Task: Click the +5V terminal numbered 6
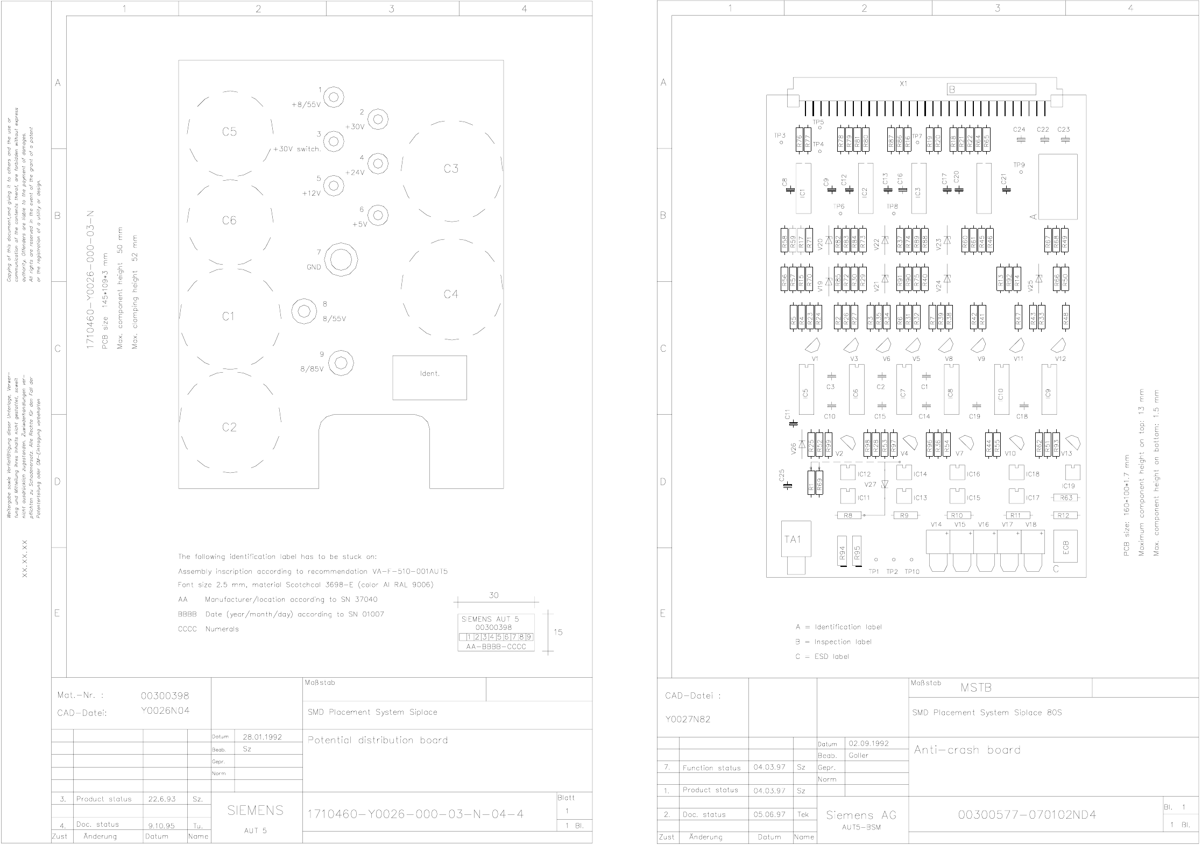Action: tap(378, 215)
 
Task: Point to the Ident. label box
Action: tap(429, 377)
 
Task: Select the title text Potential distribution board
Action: tap(378, 740)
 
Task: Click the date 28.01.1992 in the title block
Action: tap(262, 737)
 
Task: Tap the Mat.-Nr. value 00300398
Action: tap(165, 695)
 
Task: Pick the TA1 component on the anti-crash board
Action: tap(794, 539)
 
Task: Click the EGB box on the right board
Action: tap(1066, 547)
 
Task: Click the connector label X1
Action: tap(903, 84)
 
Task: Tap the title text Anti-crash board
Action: tap(967, 750)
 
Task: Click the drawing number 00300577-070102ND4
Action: tap(1027, 814)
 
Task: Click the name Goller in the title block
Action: tap(859, 755)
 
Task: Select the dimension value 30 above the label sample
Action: tap(493, 595)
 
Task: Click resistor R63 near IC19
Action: tap(1066, 498)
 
